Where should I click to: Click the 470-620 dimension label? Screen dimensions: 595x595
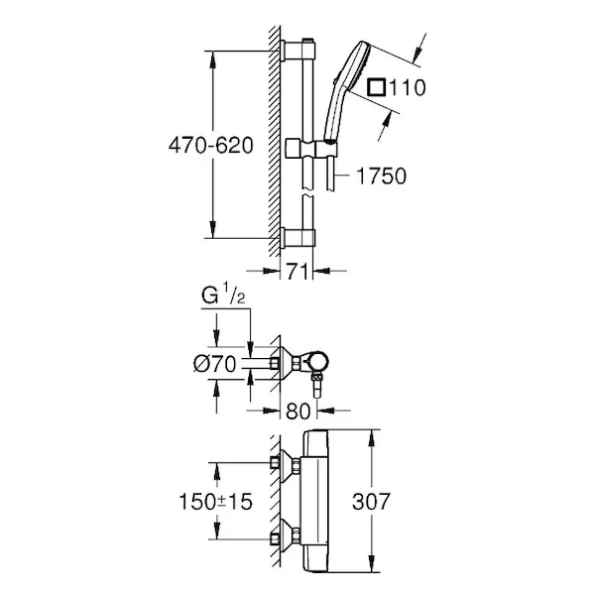click(210, 146)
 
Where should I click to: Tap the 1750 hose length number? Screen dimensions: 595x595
click(382, 176)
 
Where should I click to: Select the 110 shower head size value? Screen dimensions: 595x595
click(408, 87)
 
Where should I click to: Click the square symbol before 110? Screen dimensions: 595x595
click(377, 87)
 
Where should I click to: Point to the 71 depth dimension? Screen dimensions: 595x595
click(297, 271)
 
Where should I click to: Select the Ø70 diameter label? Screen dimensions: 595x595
click(215, 364)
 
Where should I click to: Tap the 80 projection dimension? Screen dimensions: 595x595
click(298, 411)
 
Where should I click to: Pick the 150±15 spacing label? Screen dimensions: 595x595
click(215, 502)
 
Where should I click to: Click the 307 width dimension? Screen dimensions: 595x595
click(371, 502)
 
